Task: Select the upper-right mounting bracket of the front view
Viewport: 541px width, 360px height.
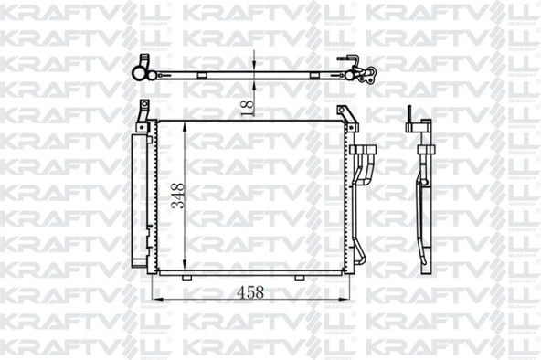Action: tap(346, 116)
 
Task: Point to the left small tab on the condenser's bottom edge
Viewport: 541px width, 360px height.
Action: tap(187, 276)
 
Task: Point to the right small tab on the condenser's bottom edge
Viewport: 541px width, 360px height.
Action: tap(315, 276)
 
